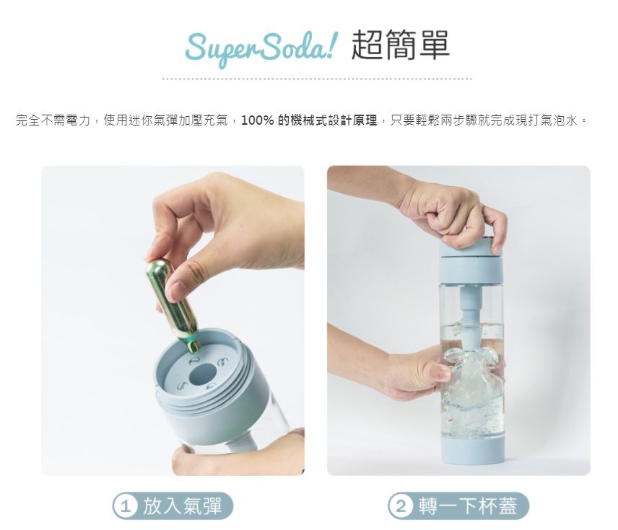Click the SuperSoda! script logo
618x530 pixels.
pos(261,48)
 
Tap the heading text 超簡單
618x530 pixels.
pos(400,45)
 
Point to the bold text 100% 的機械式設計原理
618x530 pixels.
pos(309,120)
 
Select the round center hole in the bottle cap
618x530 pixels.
pos(203,374)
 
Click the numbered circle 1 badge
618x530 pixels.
pos(125,506)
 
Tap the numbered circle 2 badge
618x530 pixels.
pos(401,506)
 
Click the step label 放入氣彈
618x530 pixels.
pos(183,506)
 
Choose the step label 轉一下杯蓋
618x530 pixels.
pos(468,506)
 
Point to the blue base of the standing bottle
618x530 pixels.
pos(473,450)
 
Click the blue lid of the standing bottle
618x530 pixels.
pos(471,260)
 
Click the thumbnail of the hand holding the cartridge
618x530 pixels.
pos(179,288)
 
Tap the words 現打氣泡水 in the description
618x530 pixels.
pos(547,120)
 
